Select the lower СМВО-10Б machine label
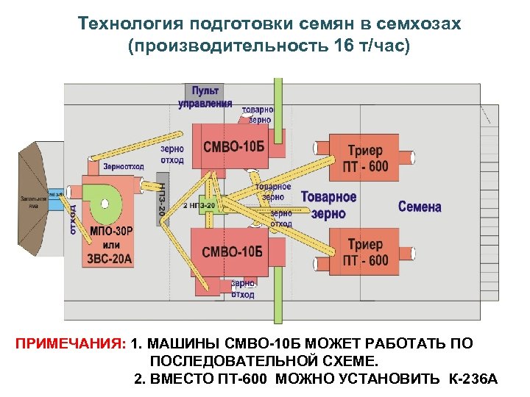[232, 251]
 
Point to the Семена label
[420, 207]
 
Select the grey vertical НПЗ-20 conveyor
[163, 194]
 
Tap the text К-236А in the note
[473, 379]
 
